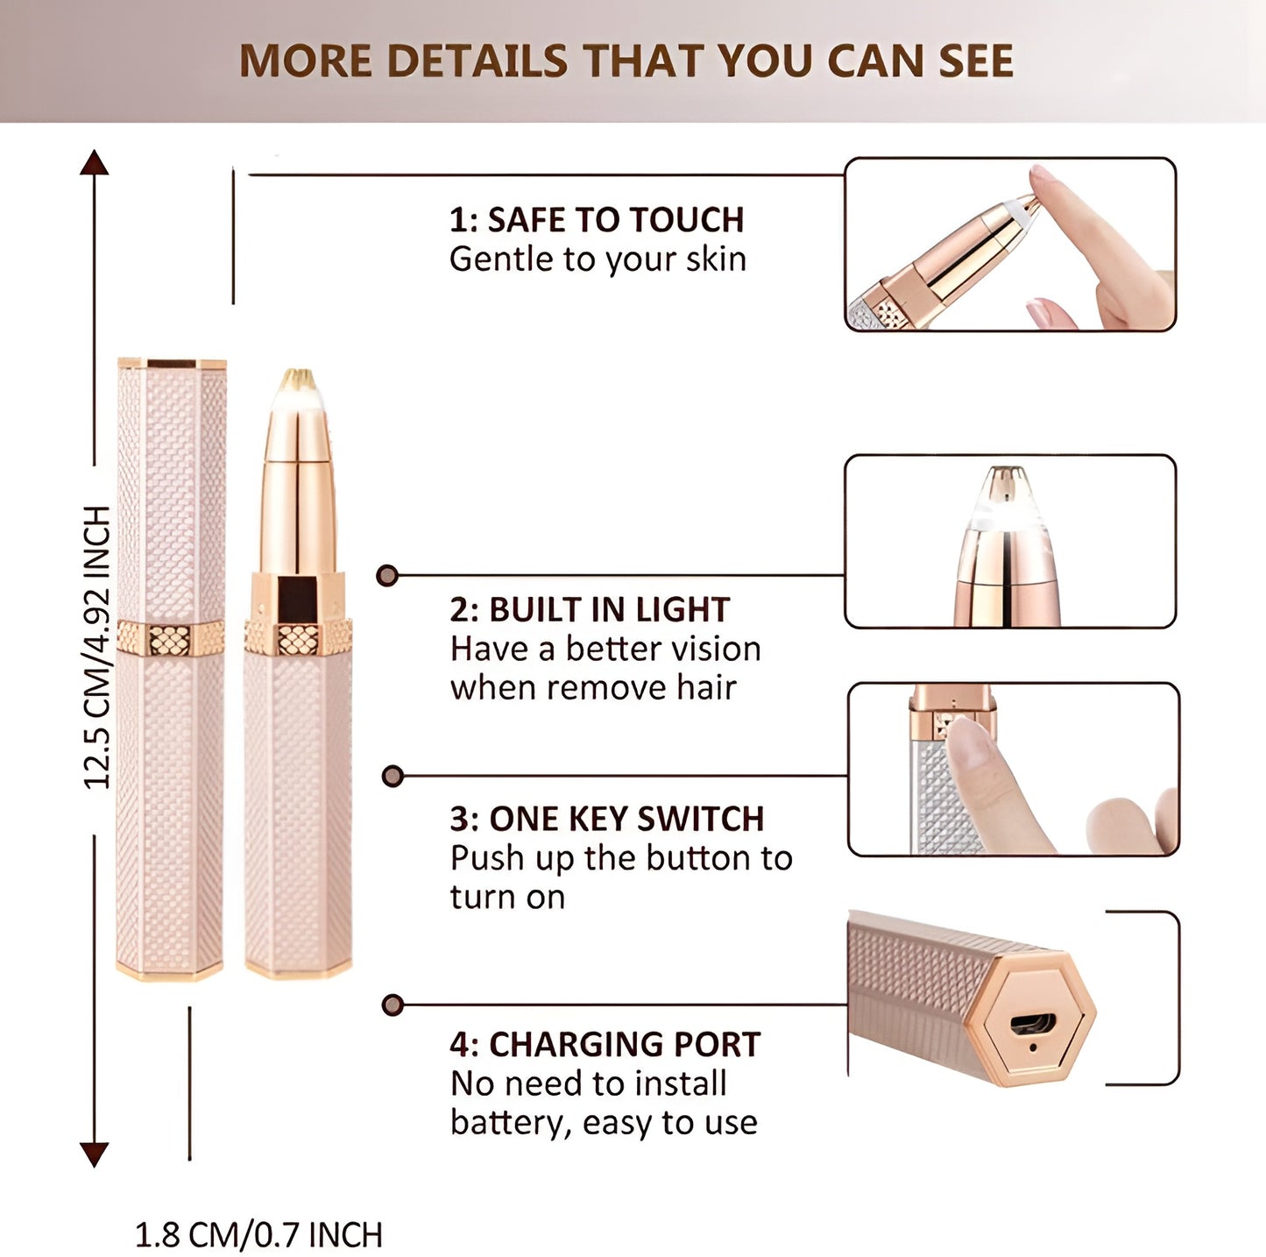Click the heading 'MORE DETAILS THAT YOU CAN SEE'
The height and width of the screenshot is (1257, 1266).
626,61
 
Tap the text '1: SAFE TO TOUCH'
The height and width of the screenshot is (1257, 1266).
597,219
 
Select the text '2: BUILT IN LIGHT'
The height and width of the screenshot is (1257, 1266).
590,609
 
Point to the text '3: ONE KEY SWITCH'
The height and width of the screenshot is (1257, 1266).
607,819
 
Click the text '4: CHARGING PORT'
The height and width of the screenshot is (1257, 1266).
605,1045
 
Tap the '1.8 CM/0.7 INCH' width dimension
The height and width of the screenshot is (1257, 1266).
258,1235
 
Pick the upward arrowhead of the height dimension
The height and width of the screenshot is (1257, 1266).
95,163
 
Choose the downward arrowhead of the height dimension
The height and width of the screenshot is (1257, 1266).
95,1154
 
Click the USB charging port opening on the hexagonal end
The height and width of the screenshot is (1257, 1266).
1034,1023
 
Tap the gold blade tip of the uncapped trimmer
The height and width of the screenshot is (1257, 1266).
297,380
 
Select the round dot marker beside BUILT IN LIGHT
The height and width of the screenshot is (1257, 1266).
387,575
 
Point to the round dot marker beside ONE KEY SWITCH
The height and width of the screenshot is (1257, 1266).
393,776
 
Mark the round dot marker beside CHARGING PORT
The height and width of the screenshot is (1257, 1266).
393,1005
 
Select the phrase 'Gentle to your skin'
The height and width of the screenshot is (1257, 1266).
598,259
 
